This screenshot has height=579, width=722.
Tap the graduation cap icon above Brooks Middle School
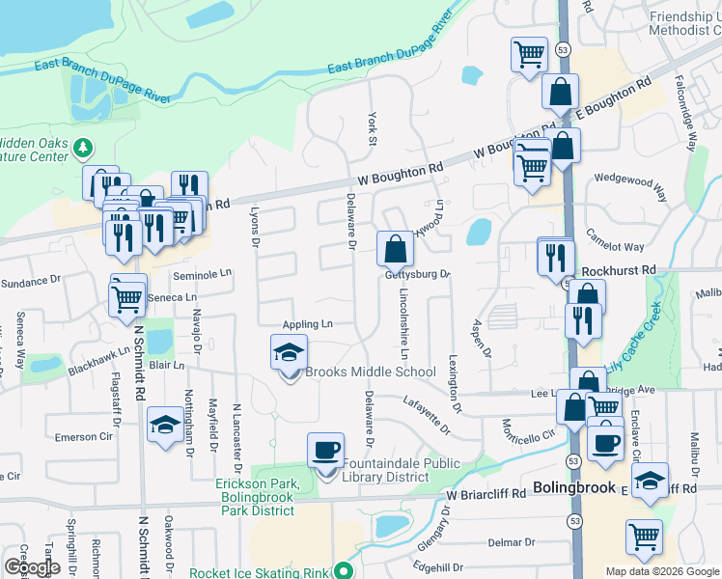click(x=289, y=353)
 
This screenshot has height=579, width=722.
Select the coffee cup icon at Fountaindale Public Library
click(x=325, y=451)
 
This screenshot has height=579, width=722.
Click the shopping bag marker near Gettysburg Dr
click(x=395, y=250)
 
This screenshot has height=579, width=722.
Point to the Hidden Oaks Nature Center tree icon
click(x=84, y=148)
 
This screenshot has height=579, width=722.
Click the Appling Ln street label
click(x=307, y=325)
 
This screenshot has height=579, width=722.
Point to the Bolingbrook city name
click(x=573, y=487)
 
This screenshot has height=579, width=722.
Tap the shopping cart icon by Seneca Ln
click(x=127, y=295)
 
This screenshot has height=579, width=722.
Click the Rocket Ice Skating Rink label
click(x=259, y=572)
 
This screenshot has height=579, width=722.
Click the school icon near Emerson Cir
click(x=165, y=424)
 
